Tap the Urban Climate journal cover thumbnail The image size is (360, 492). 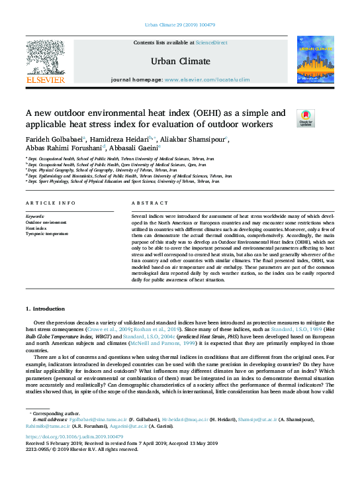(315, 60)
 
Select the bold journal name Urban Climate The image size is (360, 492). (180, 62)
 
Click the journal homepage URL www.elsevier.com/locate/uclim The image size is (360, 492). (206, 79)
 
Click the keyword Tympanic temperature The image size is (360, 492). (46, 234)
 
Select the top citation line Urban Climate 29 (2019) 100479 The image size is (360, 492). (179, 26)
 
